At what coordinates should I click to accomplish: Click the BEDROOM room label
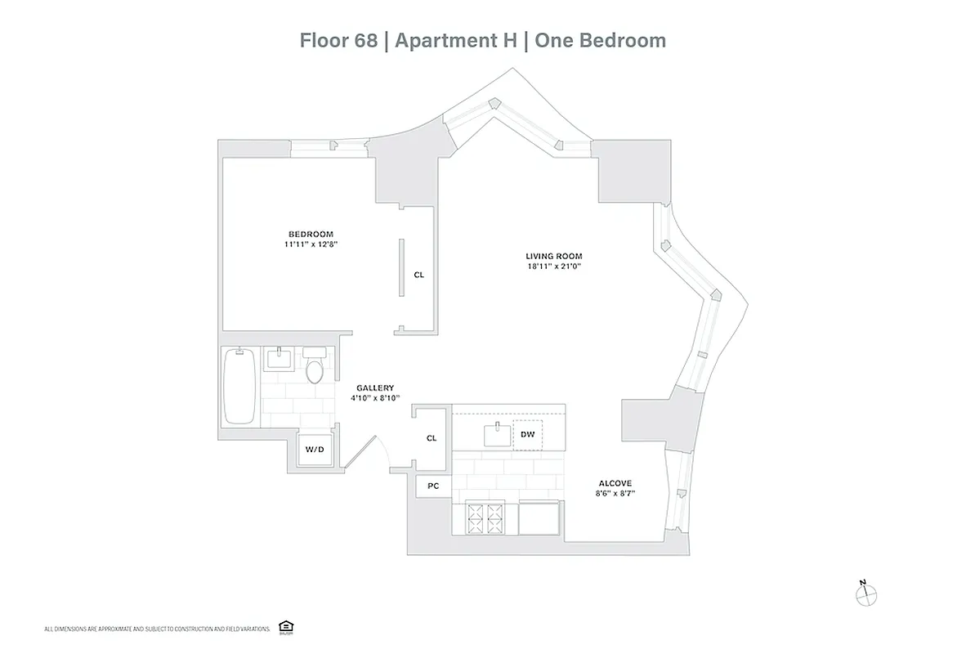coord(310,234)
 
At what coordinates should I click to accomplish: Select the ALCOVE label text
coord(615,483)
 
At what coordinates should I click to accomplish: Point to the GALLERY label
coord(375,387)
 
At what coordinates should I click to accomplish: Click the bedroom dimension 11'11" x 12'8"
coord(310,244)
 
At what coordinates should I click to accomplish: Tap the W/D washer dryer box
coord(315,450)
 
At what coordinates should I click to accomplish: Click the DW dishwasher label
coord(528,434)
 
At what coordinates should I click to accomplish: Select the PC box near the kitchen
coord(433,486)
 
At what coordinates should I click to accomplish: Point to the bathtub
coord(239,386)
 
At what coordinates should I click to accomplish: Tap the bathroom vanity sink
coord(280,360)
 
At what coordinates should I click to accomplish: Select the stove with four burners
coord(485,517)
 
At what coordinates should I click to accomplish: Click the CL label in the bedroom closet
coord(418,275)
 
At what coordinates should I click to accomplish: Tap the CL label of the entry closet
coord(432,438)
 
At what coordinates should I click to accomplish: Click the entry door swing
coord(362,452)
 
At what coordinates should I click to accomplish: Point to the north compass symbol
coord(864,594)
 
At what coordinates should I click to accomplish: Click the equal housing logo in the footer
coord(285,626)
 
